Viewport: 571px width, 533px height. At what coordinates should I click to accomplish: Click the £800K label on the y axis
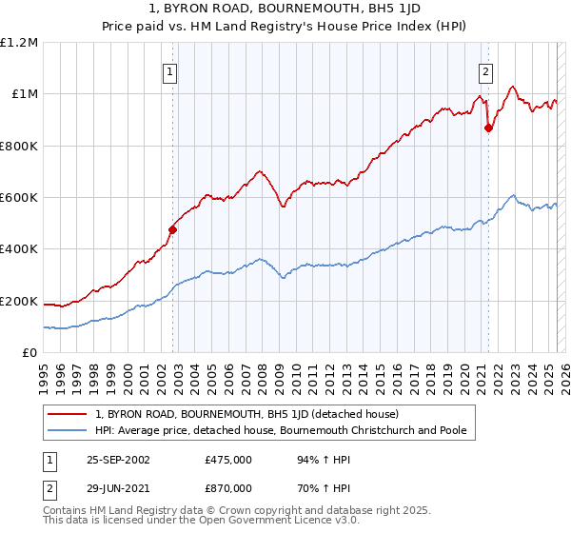click(x=18, y=146)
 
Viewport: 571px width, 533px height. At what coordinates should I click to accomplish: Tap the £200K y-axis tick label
click(x=18, y=301)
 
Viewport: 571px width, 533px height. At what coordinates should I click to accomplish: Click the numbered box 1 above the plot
click(x=169, y=72)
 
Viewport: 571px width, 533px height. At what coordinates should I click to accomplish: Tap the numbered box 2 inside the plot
click(x=485, y=72)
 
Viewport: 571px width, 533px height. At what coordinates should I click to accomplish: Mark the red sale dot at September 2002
click(x=173, y=229)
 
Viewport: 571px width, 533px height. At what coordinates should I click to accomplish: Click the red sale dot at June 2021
click(x=488, y=128)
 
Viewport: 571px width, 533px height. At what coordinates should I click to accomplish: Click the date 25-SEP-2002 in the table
click(x=117, y=460)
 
